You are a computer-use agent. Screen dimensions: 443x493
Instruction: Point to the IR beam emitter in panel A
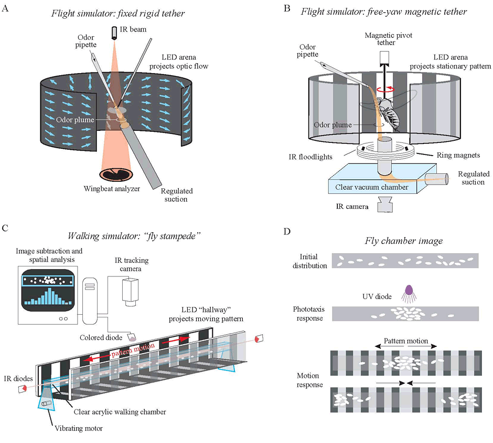(113, 33)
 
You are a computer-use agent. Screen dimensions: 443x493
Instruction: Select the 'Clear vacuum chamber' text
(368, 187)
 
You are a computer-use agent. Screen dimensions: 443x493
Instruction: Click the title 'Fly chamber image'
(396, 241)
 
